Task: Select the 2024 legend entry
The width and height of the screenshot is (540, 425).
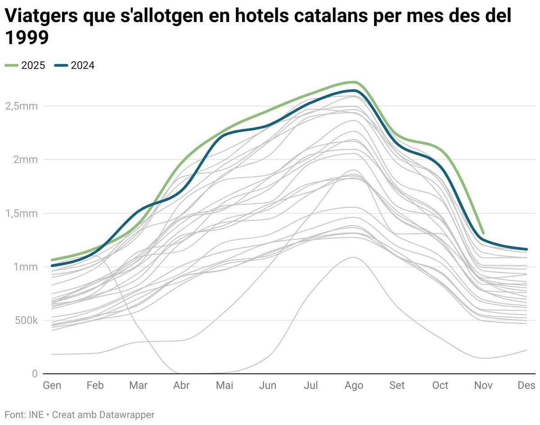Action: click(75, 66)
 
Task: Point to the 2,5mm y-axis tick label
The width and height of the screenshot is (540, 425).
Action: click(21, 106)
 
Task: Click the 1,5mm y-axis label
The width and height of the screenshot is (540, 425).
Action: click(21, 213)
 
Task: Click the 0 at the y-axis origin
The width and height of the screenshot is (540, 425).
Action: click(35, 374)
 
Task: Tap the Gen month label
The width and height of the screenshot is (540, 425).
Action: click(52, 385)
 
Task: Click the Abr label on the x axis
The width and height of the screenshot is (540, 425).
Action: click(181, 385)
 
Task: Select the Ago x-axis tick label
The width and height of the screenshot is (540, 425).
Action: click(354, 385)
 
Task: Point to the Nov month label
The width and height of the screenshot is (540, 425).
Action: click(483, 385)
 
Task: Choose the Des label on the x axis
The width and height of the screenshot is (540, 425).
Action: click(526, 385)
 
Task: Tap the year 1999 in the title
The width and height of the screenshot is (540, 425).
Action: click(27, 38)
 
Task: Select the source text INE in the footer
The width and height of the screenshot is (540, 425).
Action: click(35, 415)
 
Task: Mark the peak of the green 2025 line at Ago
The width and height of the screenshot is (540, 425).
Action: click(354, 82)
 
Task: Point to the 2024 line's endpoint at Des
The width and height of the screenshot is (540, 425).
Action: click(526, 249)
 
